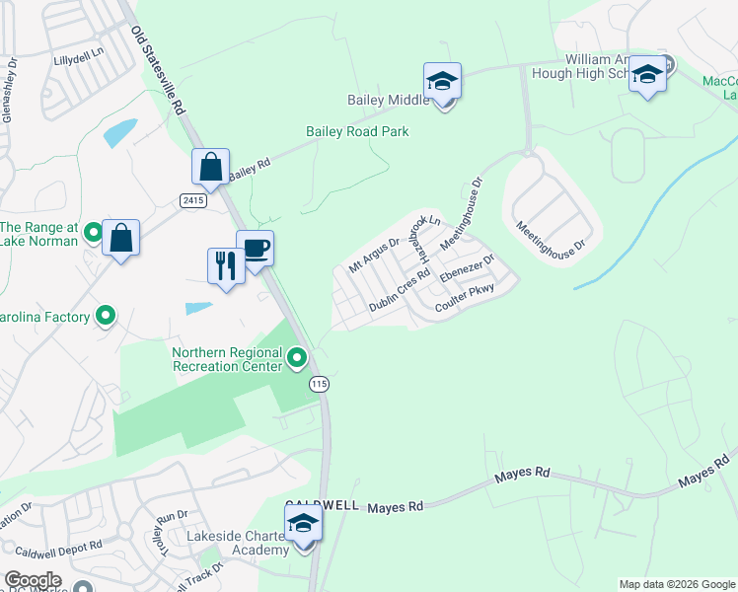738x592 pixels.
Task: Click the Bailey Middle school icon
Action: pyautogui.click(x=443, y=81)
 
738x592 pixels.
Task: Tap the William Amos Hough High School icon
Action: pyautogui.click(x=647, y=75)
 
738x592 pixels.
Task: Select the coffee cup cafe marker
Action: pyautogui.click(x=255, y=249)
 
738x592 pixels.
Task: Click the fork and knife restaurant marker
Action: pyautogui.click(x=226, y=265)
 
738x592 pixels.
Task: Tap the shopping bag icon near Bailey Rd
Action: pyautogui.click(x=211, y=167)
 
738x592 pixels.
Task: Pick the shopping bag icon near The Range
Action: pyautogui.click(x=120, y=238)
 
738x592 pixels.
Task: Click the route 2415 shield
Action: pyautogui.click(x=194, y=200)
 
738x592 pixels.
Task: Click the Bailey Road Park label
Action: pyautogui.click(x=357, y=131)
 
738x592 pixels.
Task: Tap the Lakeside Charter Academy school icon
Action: pyautogui.click(x=304, y=524)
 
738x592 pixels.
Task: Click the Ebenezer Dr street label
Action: pyautogui.click(x=467, y=269)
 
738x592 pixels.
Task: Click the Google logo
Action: pyautogui.click(x=33, y=580)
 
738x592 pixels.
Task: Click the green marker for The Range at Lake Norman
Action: pyautogui.click(x=94, y=233)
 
